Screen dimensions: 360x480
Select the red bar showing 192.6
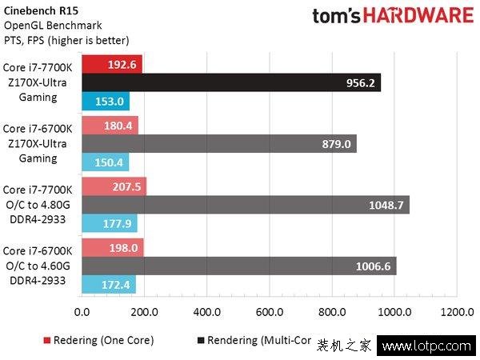tap(111, 64)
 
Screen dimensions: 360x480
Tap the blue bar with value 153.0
tap(105, 101)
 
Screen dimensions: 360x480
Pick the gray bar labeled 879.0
tap(218, 143)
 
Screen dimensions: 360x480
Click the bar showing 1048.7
tap(245, 205)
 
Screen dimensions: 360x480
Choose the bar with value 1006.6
tap(238, 266)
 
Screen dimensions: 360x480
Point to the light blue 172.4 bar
tap(108, 284)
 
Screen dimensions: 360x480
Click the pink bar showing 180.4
tap(110, 125)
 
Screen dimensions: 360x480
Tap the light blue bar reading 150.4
tap(105, 162)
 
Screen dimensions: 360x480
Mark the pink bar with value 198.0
tap(112, 247)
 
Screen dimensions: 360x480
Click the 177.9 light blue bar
tap(109, 223)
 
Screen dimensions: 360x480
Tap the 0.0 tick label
tap(81, 310)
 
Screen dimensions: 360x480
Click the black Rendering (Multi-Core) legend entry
tap(252, 340)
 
